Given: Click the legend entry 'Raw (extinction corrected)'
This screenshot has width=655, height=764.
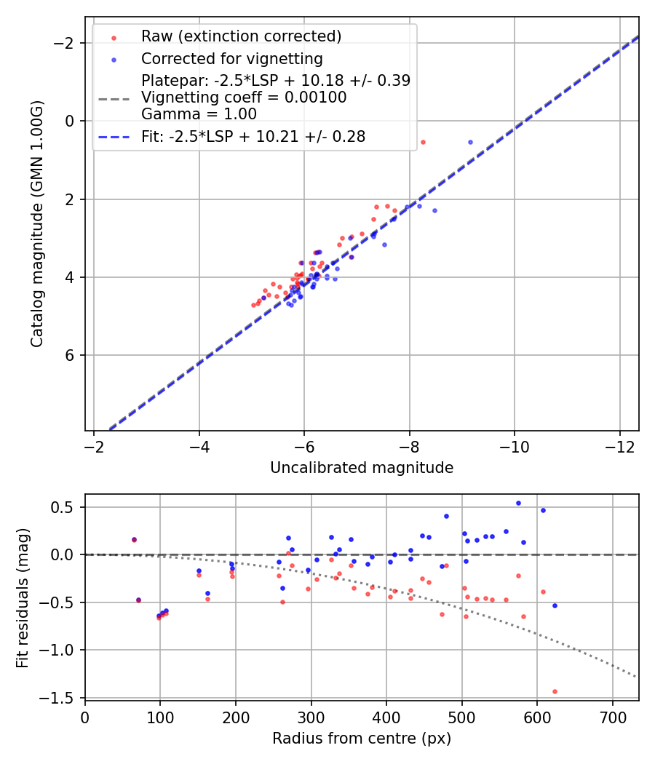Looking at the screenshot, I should (241, 36).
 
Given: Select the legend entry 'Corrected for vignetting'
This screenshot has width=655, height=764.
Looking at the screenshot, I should (231, 58).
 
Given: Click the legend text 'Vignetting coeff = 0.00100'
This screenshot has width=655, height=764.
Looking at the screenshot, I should (244, 98).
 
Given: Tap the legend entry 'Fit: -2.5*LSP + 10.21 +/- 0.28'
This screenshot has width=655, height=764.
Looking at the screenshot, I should (253, 136).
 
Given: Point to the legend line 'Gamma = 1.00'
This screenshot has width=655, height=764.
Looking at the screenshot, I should (199, 114).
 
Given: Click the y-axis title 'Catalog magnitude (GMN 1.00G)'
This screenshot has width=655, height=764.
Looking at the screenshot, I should (37, 224).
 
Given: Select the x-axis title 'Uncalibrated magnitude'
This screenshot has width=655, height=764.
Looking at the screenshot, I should (362, 468).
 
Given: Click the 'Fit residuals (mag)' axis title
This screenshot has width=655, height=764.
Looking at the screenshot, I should (23, 598).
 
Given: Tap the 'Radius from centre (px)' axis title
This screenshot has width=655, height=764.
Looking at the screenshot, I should (362, 739).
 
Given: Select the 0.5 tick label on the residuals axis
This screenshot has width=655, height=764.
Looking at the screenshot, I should (66, 507).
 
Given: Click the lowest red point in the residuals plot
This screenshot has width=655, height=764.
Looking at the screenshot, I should (555, 691).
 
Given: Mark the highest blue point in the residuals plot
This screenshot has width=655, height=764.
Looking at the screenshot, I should (518, 503).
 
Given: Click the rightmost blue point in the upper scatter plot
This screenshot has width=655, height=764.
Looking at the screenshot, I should (470, 142).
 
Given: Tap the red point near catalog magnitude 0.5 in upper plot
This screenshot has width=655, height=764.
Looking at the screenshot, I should (423, 142).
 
